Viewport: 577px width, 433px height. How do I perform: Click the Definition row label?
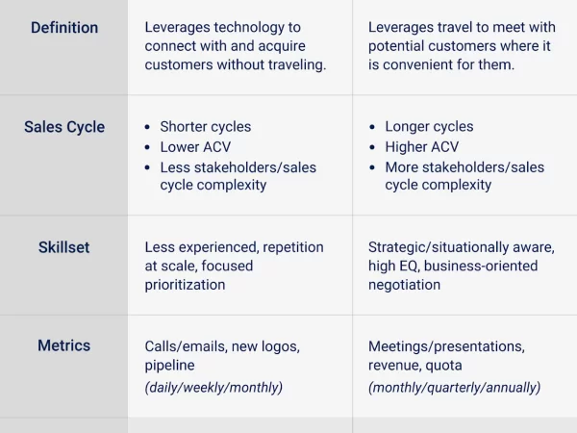64,28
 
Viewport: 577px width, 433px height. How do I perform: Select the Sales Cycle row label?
64,127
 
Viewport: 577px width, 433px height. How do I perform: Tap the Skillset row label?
64,247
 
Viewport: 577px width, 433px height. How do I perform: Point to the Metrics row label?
64,345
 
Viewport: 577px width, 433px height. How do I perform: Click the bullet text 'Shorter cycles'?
206,127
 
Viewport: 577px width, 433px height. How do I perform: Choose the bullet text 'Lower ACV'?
195,147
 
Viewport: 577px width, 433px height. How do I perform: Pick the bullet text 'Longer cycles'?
429,127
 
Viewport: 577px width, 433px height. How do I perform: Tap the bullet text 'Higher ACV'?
422,147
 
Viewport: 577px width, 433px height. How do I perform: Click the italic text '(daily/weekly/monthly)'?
213,388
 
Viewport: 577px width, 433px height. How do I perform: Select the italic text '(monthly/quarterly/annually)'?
455,388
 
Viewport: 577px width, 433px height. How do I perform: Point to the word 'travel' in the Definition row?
447,27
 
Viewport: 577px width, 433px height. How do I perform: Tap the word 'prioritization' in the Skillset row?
185,285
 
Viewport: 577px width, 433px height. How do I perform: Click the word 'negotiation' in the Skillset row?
405,285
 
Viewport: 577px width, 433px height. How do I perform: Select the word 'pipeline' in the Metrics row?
169,366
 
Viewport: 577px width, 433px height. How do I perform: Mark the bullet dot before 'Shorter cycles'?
147,127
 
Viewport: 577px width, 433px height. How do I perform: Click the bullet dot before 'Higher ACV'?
372,147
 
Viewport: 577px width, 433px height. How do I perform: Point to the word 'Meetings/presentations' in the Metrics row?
446,346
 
